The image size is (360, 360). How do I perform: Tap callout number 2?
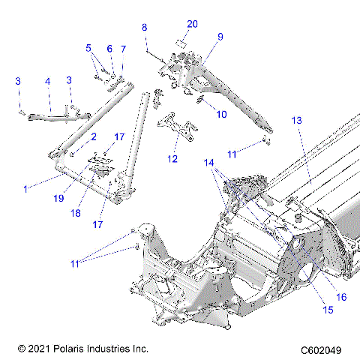pyautogui.click(x=94, y=137)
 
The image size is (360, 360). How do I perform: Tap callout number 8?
pyautogui.click(x=145, y=28)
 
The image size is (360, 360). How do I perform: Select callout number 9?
pyautogui.click(x=220, y=36)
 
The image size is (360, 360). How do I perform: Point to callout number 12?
pyautogui.click(x=173, y=159)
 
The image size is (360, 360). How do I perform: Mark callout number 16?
pyautogui.click(x=341, y=297)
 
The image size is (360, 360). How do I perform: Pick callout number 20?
pyautogui.click(x=193, y=24)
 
